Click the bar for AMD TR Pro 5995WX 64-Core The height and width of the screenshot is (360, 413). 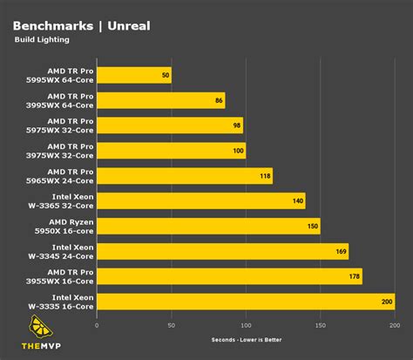point(133,75)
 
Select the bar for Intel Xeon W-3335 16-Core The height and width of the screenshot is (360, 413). point(245,302)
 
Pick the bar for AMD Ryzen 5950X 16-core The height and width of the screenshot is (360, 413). point(208,227)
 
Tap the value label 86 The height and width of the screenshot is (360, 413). point(218,100)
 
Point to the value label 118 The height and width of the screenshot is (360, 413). point(264,176)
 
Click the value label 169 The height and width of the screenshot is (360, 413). point(340,252)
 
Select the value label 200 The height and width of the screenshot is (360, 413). point(386,302)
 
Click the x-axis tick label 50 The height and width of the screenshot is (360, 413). point(171,325)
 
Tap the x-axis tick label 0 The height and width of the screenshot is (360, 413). point(97,325)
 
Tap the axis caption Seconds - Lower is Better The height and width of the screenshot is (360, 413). point(246,339)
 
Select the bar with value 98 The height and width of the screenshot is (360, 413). point(169,126)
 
